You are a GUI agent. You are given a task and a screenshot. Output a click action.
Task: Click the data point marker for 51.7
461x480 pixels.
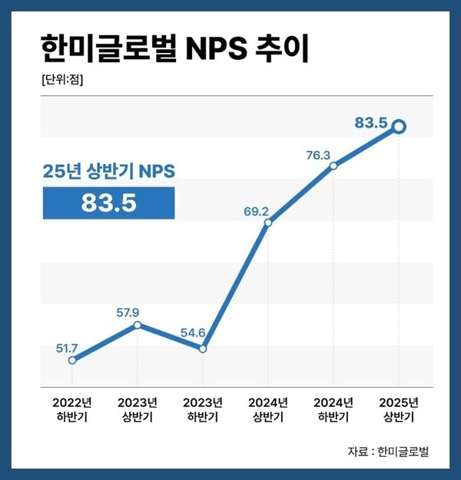(72, 359)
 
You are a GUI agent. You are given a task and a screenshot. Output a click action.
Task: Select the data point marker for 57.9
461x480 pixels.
(138, 325)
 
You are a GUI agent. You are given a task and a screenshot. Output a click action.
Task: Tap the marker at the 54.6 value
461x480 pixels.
(203, 349)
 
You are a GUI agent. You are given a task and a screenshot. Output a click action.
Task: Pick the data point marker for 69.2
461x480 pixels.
(268, 223)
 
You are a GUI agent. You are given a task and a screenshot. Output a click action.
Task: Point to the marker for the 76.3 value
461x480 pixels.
(333, 165)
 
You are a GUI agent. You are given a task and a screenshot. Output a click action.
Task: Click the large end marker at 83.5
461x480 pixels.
(400, 127)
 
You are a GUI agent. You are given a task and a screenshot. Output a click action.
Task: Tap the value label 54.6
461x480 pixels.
(194, 334)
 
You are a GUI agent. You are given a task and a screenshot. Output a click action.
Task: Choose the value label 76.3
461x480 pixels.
(318, 156)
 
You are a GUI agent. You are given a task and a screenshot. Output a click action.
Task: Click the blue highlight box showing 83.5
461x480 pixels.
(108, 203)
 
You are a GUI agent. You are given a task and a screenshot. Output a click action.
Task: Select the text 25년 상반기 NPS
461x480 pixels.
(108, 173)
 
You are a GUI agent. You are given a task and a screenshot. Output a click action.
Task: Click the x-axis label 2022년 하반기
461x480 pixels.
(72, 410)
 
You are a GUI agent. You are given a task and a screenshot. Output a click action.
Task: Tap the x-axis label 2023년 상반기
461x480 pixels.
(138, 410)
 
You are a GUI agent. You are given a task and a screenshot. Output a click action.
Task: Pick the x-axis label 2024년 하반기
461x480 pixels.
(333, 410)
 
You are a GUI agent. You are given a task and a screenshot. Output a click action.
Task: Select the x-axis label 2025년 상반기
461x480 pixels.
(400, 410)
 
